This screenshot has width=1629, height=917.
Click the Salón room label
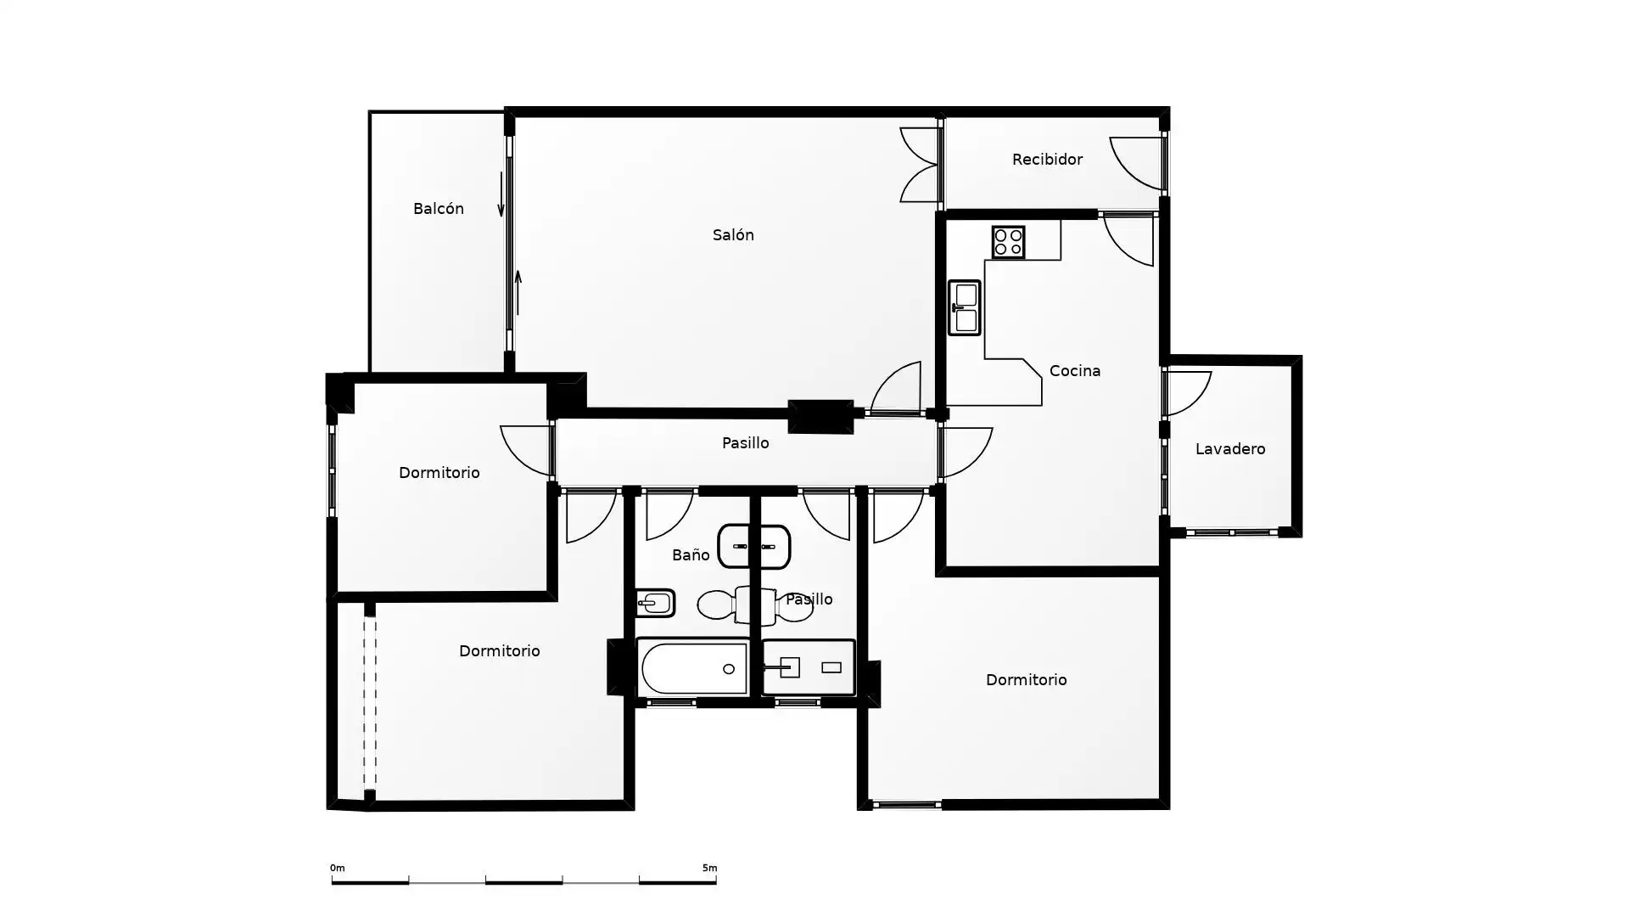point(733,235)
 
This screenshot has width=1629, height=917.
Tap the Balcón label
point(439,209)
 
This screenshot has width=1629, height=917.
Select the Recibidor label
point(1047,160)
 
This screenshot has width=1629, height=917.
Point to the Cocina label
point(1075,371)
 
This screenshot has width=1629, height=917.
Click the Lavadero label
point(1230,449)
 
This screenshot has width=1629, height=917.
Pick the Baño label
point(691,555)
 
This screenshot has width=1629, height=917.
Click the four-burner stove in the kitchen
point(1008,242)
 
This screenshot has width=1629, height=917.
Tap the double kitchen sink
point(964,307)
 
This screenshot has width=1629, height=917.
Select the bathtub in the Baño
point(693,668)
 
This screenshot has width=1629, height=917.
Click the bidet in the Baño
point(655,604)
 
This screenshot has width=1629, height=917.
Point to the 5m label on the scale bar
point(709,868)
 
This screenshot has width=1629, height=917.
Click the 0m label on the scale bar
point(338,868)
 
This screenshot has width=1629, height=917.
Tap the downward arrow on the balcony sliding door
point(501,195)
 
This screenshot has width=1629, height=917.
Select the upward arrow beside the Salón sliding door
point(518,293)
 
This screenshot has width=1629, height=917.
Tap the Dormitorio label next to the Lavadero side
point(1027,680)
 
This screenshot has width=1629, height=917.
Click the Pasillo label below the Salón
point(746,443)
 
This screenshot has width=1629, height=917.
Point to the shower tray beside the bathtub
point(809,668)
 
